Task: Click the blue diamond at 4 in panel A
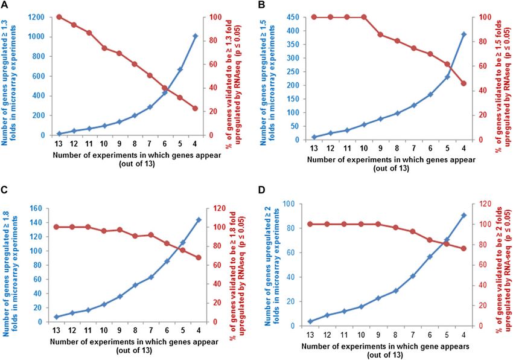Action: (x=195, y=36)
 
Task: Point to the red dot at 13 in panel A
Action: (x=59, y=16)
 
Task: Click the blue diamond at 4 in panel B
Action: (x=464, y=34)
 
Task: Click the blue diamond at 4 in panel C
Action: (x=198, y=220)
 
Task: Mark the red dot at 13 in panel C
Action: (x=56, y=227)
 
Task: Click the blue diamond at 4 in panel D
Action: (x=464, y=215)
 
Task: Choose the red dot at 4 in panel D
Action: (x=464, y=248)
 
